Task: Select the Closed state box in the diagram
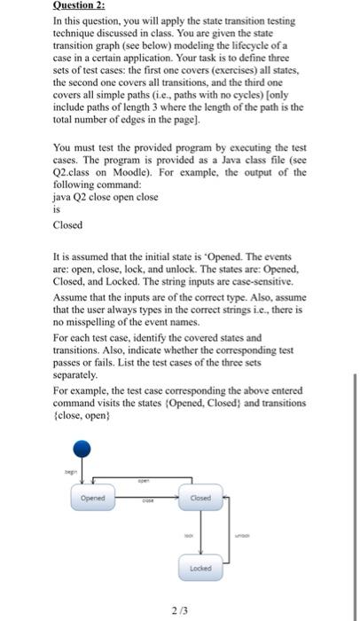click(200, 498)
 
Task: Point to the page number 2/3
click(181, 609)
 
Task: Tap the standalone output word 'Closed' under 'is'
click(68, 225)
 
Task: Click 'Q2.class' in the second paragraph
click(74, 173)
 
